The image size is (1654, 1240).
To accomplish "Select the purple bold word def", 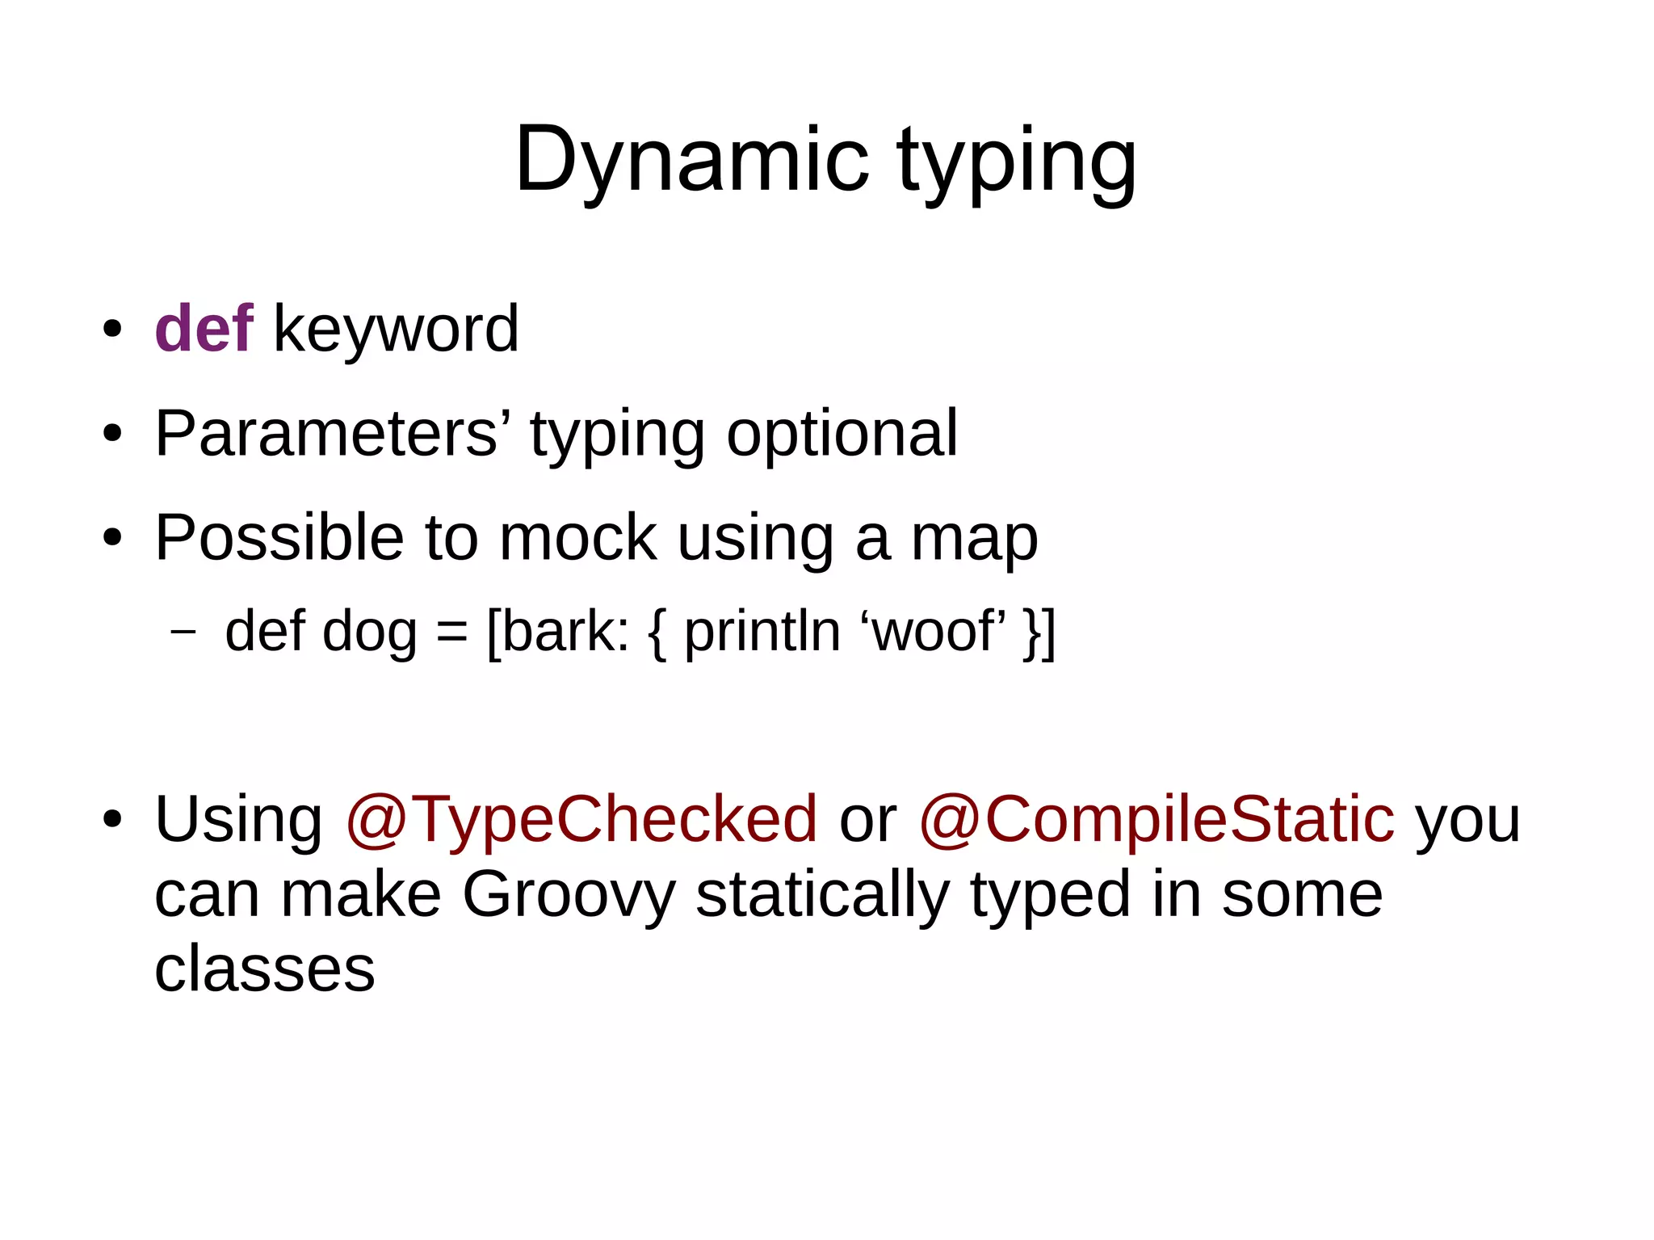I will pos(204,329).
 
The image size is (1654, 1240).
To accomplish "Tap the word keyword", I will pos(396,329).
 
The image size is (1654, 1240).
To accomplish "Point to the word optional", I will pos(842,434).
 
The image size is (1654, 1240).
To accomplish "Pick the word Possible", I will pos(279,538).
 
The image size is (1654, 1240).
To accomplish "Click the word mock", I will pos(577,538).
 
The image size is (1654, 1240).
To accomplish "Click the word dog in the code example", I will pos(369,633).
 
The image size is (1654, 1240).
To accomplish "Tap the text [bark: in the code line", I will pos(558,631).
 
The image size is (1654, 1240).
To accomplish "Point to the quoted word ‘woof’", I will pos(934,631).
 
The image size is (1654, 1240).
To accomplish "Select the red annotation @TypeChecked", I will pos(581,819).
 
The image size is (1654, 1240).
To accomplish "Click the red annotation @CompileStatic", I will pos(1157,819).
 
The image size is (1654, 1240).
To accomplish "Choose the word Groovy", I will pos(568,895).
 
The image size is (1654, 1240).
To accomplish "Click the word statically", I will pos(822,895).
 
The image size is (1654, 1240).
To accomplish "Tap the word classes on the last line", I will pos(264,969).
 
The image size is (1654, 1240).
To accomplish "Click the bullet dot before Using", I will pos(112,819).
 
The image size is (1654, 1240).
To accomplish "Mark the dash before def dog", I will pos(183,631).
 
